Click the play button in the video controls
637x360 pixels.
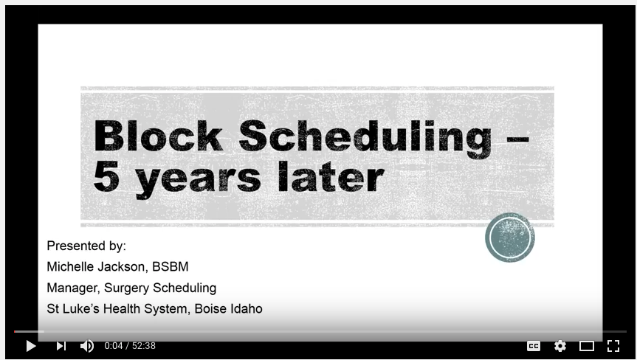click(31, 345)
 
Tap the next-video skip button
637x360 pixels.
click(61, 345)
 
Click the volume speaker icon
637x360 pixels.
click(86, 345)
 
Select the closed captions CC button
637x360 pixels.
click(533, 345)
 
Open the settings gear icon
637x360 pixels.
click(560, 345)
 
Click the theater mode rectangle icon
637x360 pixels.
click(587, 345)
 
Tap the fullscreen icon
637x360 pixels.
click(613, 345)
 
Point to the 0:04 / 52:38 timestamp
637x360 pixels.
click(130, 345)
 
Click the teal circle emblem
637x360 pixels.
click(510, 238)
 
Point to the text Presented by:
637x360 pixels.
click(86, 246)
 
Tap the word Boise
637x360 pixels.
click(211, 308)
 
